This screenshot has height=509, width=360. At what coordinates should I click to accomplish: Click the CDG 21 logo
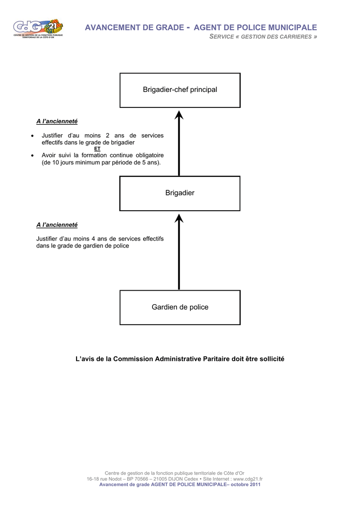point(38,29)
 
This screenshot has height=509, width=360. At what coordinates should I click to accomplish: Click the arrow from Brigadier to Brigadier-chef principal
point(179,143)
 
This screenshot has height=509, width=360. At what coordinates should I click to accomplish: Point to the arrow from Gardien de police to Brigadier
point(179,252)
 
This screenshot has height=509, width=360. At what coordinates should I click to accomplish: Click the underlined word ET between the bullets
point(97,149)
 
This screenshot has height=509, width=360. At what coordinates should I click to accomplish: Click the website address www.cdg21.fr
point(248,479)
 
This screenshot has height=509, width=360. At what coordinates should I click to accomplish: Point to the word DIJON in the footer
point(176,479)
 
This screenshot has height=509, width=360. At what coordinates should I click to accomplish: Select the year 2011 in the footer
point(255,484)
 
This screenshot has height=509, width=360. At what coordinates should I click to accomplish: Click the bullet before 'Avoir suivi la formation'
point(32,156)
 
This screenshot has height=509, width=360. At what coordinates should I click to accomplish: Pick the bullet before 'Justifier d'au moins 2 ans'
point(32,136)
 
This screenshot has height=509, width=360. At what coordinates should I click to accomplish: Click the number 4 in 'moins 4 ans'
point(93,239)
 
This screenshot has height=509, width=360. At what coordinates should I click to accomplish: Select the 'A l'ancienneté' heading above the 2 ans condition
point(57,121)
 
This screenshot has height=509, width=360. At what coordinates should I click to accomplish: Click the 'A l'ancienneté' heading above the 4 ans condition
point(57,225)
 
